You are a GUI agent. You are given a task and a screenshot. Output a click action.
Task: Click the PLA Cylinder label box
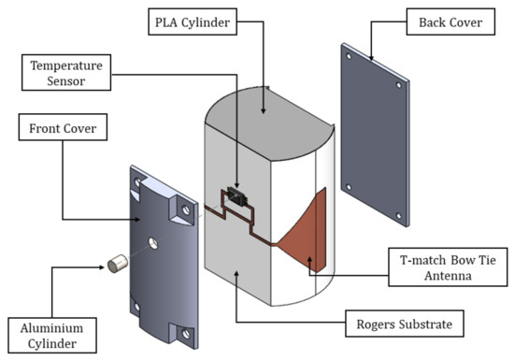click(193, 22)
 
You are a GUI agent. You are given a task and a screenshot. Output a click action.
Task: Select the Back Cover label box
click(450, 22)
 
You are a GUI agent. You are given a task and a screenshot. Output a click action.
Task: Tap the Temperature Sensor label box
click(66, 72)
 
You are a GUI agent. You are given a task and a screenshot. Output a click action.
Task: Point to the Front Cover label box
click(63, 127)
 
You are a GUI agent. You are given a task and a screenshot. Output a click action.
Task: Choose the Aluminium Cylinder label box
click(52, 336)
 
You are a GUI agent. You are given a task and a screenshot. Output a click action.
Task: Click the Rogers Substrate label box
click(405, 324)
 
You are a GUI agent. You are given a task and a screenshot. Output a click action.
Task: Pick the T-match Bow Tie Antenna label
click(448, 267)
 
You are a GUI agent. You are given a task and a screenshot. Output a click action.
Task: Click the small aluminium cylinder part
click(118, 264)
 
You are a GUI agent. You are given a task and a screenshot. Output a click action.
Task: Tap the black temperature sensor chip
click(237, 195)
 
